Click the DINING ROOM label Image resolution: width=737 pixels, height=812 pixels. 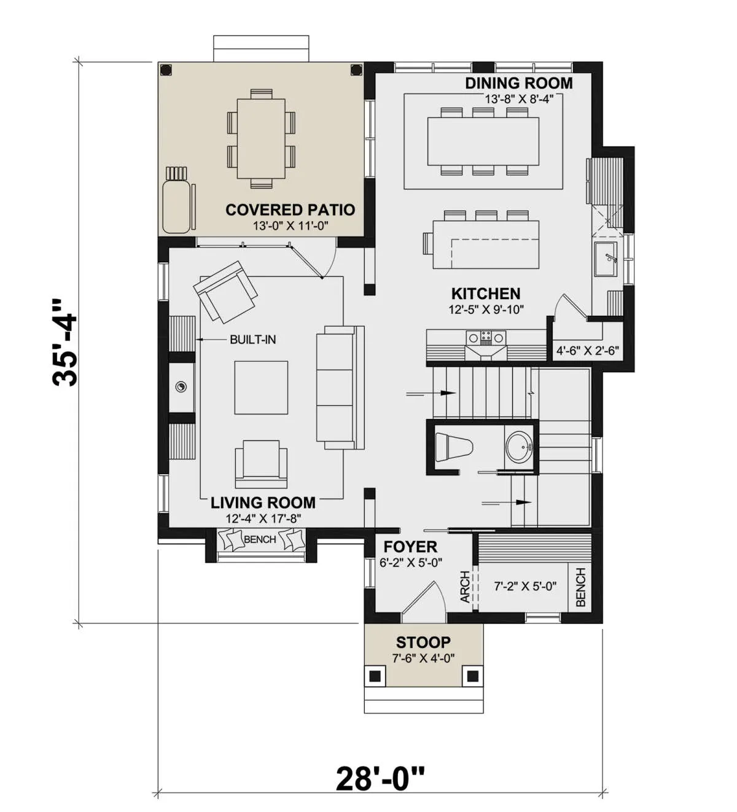(519, 83)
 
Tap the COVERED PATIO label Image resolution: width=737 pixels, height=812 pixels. (290, 209)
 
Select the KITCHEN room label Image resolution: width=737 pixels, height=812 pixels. (486, 294)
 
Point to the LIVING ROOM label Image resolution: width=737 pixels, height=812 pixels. (263, 503)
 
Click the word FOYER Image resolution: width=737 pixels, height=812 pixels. (410, 547)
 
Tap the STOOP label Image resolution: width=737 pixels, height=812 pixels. (423, 642)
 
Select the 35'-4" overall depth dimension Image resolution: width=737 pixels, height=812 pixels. (64, 343)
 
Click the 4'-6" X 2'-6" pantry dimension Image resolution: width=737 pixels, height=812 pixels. (588, 350)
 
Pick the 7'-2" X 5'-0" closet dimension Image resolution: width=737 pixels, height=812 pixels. (525, 586)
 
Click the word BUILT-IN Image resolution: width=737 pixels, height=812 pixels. (252, 339)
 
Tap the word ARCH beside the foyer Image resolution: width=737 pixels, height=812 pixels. (466, 587)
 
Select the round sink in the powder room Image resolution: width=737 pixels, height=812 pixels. (520, 447)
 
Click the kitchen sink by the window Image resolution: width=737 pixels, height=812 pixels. (606, 259)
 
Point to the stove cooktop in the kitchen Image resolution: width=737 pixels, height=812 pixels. (486, 337)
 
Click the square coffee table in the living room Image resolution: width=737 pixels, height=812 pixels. (261, 388)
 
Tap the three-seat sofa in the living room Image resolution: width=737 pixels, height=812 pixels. (340, 388)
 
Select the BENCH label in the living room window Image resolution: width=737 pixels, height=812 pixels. (260, 539)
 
